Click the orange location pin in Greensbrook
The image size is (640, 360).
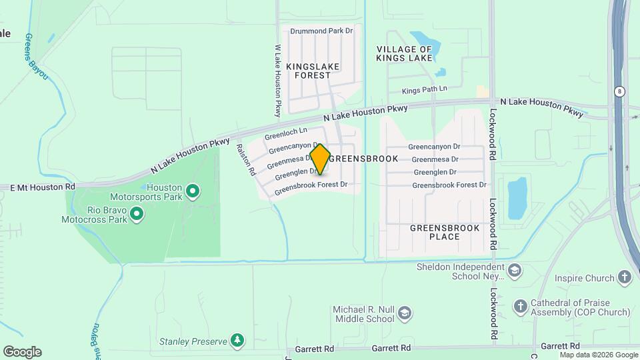point(320,159)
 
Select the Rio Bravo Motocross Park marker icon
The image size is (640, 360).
point(137,214)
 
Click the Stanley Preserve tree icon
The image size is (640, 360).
point(237,341)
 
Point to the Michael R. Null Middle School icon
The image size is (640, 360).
point(405,313)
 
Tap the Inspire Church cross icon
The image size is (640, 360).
point(624,277)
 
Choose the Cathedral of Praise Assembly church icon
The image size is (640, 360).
point(521,307)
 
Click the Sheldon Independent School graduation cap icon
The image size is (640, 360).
point(514,271)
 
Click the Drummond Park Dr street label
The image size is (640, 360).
point(321,31)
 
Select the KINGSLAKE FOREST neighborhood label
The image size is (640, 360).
point(313,71)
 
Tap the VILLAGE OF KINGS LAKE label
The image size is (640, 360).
point(404,54)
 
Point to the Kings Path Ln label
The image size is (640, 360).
point(424,89)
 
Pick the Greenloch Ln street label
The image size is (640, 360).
point(285,134)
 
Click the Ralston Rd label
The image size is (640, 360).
point(246,160)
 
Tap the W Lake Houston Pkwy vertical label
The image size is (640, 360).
point(278,81)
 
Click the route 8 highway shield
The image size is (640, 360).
point(619,91)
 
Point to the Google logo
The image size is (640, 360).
point(21,351)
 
